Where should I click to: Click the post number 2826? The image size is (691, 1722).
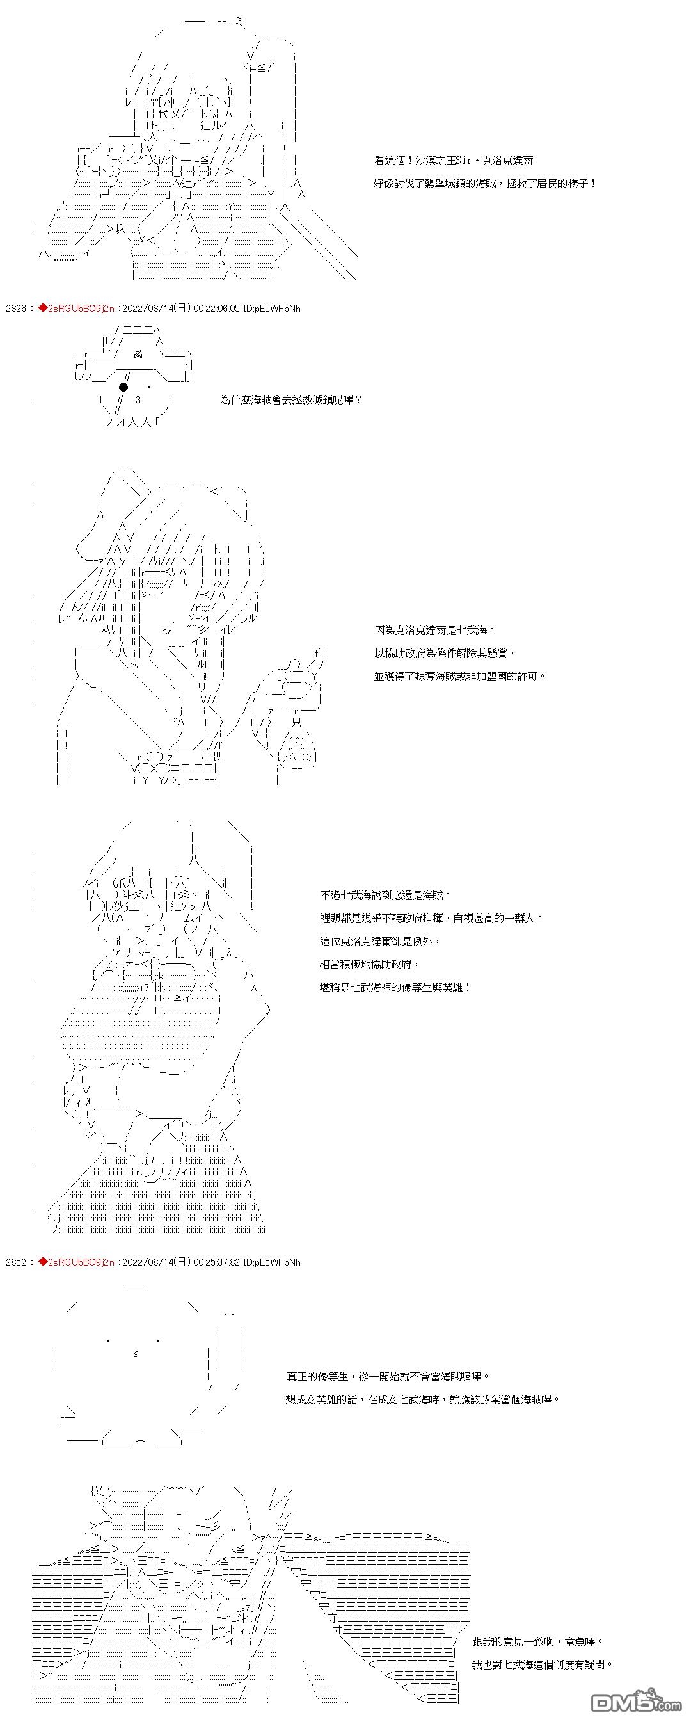coord(15,308)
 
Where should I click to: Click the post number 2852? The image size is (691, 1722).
coord(15,1262)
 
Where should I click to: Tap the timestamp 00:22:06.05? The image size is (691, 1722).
coord(216,308)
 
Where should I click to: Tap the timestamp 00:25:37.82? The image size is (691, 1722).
coord(216,1262)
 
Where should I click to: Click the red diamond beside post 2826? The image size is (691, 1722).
coord(42,308)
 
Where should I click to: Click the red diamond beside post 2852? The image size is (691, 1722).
coord(42,1262)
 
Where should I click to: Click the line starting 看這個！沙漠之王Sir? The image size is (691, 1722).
coord(454,161)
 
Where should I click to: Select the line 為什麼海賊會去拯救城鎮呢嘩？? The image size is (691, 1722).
coord(291,399)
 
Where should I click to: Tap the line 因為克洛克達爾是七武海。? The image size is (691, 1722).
coord(435,630)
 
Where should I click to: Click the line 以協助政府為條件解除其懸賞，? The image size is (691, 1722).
coord(445,653)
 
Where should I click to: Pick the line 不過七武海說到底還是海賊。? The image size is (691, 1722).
coord(386,895)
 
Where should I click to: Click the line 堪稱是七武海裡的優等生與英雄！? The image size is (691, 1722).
coord(395,987)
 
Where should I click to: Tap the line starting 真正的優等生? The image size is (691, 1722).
coord(388,1376)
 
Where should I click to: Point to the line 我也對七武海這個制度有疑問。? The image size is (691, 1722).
coord(542,1664)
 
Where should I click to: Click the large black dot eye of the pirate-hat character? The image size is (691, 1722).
coord(123,387)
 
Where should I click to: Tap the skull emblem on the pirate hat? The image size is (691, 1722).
coord(138,355)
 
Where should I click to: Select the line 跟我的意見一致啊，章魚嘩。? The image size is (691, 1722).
coord(537,1641)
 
